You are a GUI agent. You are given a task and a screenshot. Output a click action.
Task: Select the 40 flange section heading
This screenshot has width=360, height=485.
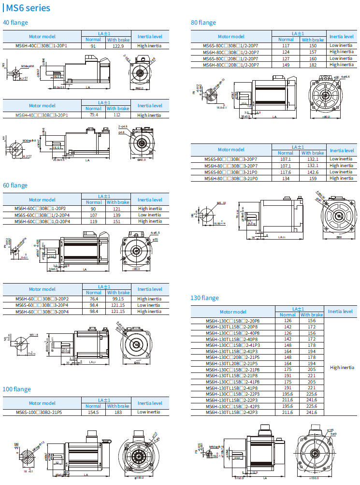[x=15, y=22]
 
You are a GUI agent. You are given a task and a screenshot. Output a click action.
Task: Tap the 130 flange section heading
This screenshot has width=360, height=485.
[x=205, y=298]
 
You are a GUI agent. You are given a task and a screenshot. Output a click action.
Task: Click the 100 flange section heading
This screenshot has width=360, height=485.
[x=17, y=389]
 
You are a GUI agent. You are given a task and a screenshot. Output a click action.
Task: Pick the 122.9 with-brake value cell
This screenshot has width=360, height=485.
[x=118, y=46]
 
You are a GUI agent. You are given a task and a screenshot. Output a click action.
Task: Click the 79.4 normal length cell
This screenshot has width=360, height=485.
[x=93, y=115]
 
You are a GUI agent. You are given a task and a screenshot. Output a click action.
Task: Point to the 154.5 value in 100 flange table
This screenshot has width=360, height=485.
[x=93, y=412]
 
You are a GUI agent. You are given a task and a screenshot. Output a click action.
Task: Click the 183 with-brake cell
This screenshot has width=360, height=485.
[x=118, y=412]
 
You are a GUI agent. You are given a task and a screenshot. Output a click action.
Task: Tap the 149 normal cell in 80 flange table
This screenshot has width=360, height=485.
[x=286, y=65]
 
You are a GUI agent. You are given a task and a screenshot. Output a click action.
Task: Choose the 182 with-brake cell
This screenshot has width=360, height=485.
[x=312, y=65]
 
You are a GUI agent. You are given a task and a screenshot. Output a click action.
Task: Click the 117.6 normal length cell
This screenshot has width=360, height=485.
[x=286, y=172]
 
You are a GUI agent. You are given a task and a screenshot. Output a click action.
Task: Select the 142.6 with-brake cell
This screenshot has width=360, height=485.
[x=313, y=172]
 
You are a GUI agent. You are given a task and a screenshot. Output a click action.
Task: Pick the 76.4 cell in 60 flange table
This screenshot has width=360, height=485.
[x=94, y=299]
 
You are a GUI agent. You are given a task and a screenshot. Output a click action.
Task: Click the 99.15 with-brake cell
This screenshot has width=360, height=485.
[x=118, y=299]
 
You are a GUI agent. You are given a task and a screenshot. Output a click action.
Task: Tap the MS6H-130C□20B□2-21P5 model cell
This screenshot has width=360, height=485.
[x=233, y=357]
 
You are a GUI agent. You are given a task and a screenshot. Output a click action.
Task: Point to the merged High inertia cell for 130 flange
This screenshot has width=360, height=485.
[x=342, y=367]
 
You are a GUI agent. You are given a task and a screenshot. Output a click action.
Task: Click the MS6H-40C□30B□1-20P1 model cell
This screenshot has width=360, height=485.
[x=42, y=46]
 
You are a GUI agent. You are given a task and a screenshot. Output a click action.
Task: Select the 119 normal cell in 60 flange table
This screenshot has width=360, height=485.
[x=93, y=221]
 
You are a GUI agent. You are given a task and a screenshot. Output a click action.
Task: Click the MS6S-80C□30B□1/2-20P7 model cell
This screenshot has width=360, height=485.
[x=231, y=45]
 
